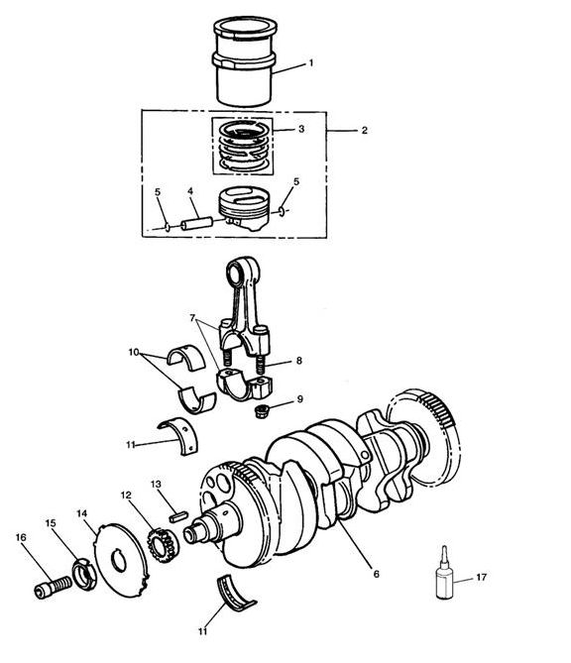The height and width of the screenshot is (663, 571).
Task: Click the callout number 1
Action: click(311, 63)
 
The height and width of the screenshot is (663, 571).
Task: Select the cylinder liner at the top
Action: click(245, 61)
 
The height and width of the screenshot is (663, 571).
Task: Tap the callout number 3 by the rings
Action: click(301, 129)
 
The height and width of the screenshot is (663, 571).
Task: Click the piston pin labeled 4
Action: click(196, 223)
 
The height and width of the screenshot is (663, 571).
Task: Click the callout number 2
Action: click(364, 130)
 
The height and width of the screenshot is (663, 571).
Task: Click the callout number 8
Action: click(299, 361)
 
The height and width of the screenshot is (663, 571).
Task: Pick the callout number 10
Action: click(134, 352)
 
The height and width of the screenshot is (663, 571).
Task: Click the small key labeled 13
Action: click(177, 516)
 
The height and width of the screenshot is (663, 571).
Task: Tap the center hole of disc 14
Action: click(119, 561)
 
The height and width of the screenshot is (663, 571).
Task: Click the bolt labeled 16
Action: click(53, 587)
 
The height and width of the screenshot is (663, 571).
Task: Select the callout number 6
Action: click(376, 574)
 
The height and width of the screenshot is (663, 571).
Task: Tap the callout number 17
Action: click(482, 577)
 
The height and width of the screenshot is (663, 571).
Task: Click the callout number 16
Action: click(21, 537)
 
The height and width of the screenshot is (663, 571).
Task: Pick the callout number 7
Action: click(193, 317)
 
